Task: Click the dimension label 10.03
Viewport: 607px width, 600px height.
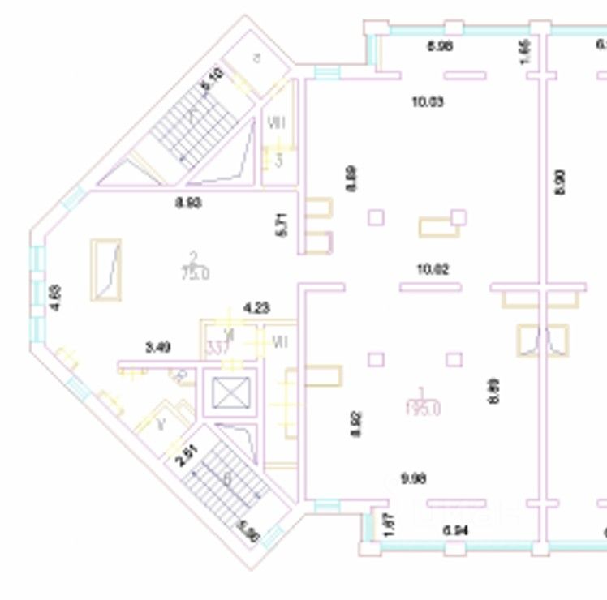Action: tap(428, 102)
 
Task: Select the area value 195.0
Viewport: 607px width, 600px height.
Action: tap(422, 409)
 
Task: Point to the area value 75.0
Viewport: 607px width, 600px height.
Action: tap(195, 274)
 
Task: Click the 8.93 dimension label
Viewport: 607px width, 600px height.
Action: tap(188, 203)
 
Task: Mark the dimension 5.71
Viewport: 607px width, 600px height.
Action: tap(282, 225)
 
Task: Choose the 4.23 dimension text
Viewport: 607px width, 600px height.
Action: tap(256, 308)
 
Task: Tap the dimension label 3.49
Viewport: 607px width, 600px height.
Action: tap(157, 348)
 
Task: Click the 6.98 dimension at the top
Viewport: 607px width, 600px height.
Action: tap(440, 46)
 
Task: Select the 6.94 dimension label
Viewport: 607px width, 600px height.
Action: tap(455, 530)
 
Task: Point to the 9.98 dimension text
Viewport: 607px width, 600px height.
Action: tap(413, 478)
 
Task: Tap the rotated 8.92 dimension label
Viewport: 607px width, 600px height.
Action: tap(355, 423)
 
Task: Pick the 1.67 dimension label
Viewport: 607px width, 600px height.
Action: tap(388, 525)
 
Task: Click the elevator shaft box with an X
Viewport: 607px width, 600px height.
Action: tap(228, 393)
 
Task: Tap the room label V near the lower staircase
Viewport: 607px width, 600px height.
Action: tap(161, 422)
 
